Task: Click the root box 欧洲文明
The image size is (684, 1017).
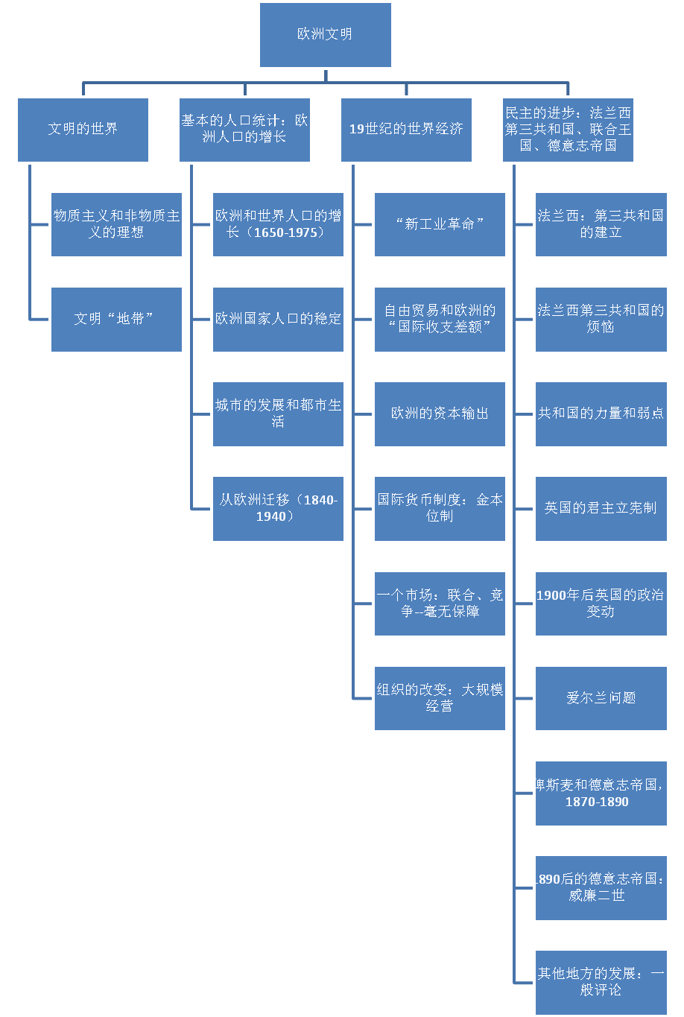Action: click(325, 34)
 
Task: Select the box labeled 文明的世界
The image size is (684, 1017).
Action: click(83, 129)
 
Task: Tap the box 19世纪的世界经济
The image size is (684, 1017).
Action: click(406, 129)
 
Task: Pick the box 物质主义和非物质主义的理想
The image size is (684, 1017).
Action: click(116, 224)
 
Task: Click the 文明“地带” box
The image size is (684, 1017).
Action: click(116, 319)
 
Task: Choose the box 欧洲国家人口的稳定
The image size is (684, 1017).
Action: click(278, 319)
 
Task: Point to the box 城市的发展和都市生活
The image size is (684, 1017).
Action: click(278, 414)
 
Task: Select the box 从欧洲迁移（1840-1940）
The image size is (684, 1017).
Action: click(278, 508)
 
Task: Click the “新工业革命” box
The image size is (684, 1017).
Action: click(440, 224)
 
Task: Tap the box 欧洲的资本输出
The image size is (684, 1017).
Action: click(440, 414)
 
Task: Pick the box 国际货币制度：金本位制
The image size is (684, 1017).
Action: click(440, 508)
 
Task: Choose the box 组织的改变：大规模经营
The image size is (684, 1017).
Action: click(440, 698)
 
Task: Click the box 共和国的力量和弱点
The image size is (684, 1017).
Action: click(601, 414)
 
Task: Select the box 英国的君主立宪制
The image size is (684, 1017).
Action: click(601, 508)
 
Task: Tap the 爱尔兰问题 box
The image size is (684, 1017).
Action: click(601, 698)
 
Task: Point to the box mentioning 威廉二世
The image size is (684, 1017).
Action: click(601, 887)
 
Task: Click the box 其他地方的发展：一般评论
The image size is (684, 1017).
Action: click(601, 982)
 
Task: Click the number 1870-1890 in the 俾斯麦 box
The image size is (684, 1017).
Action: click(597, 802)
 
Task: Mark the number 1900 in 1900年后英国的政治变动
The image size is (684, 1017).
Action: click(551, 595)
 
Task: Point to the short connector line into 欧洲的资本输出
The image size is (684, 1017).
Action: click(363, 414)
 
